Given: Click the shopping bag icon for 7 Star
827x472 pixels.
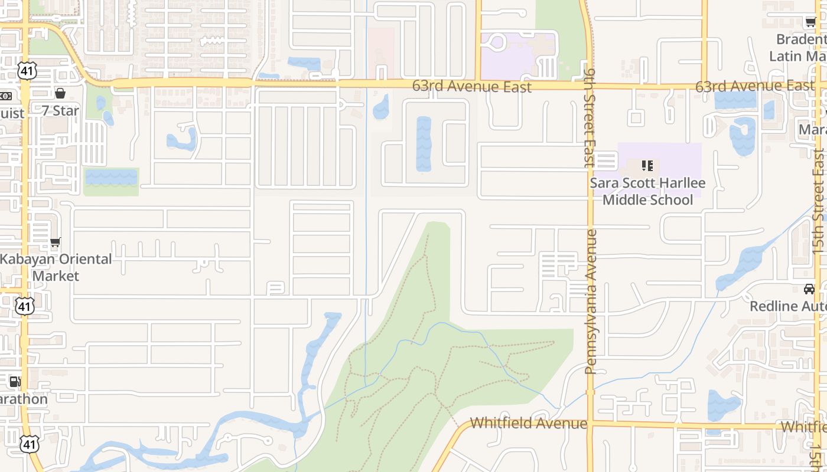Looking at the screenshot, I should [60, 93].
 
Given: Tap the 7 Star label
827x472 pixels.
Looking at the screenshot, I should [60, 110].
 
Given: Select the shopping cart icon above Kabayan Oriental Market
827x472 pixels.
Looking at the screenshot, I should [55, 242].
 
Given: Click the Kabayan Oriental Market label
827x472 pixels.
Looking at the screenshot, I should [56, 267].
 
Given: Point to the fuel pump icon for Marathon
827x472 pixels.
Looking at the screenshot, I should [15, 382].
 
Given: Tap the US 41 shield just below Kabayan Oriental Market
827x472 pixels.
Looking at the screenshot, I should [24, 306].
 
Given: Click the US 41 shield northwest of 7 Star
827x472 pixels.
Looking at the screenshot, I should [27, 71].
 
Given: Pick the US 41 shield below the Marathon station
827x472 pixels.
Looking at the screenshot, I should [28, 444].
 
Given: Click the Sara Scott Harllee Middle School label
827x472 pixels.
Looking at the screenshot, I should [647, 192].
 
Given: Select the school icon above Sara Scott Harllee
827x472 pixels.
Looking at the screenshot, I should [647, 166].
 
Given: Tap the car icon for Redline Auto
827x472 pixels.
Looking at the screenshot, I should [809, 289].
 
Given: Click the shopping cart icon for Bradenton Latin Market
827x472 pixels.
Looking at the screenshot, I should [810, 22].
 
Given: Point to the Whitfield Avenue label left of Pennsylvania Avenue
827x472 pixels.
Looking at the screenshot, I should [529, 423].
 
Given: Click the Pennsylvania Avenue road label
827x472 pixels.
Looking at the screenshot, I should [590, 301].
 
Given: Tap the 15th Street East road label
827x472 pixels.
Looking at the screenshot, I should [818, 201].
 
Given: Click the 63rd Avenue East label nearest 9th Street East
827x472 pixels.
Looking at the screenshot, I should [471, 86].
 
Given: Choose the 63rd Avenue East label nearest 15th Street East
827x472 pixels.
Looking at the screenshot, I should [754, 86].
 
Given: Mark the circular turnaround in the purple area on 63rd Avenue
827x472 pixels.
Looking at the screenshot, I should [497, 43].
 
